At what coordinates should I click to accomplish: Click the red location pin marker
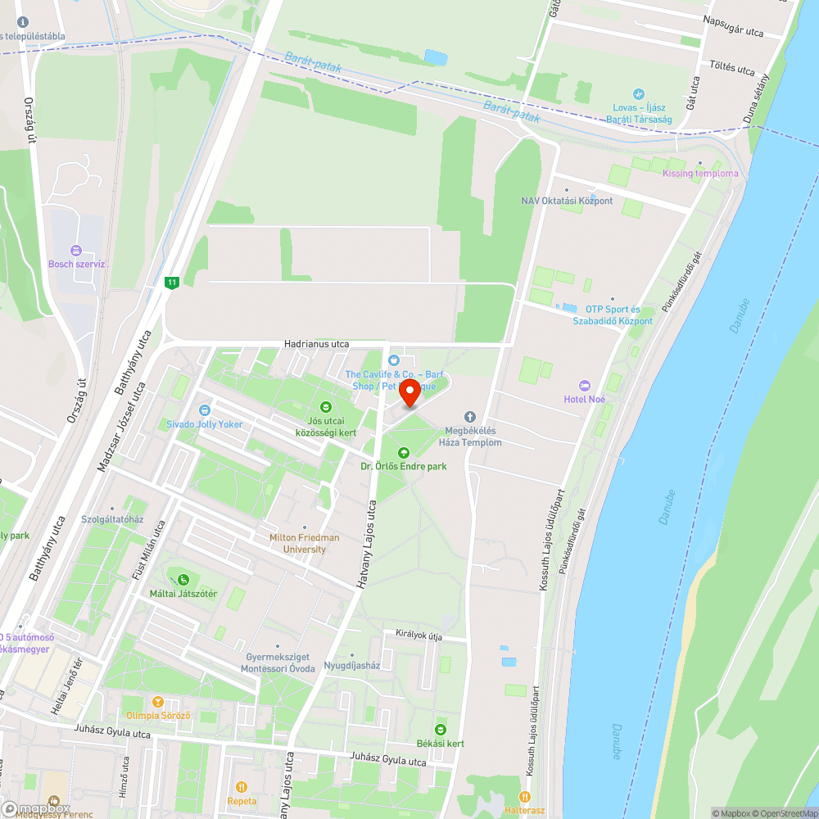click(x=409, y=393)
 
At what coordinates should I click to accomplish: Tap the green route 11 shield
click(x=171, y=283)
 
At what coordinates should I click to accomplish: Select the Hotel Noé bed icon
click(x=584, y=385)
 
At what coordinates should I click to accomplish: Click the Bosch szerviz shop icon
click(x=76, y=250)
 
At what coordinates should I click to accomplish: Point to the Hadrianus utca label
click(x=316, y=344)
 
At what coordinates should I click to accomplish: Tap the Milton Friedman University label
click(x=304, y=543)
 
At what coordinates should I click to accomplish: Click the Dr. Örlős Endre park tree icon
click(x=403, y=452)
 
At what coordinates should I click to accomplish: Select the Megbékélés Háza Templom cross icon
click(x=469, y=417)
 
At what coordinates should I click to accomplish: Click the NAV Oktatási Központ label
click(x=567, y=201)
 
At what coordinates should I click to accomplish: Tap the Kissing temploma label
click(x=700, y=173)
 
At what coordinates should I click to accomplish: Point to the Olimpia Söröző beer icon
click(x=157, y=702)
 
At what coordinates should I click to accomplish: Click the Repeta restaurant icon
click(x=242, y=787)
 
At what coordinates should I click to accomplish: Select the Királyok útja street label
click(x=419, y=635)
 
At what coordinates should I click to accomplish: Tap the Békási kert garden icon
click(x=441, y=729)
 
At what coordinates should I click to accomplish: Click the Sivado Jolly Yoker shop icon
click(x=204, y=409)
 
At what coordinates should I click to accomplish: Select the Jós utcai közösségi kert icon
click(x=325, y=406)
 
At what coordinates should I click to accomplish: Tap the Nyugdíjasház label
click(x=352, y=665)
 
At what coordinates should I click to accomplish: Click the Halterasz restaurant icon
click(x=524, y=796)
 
